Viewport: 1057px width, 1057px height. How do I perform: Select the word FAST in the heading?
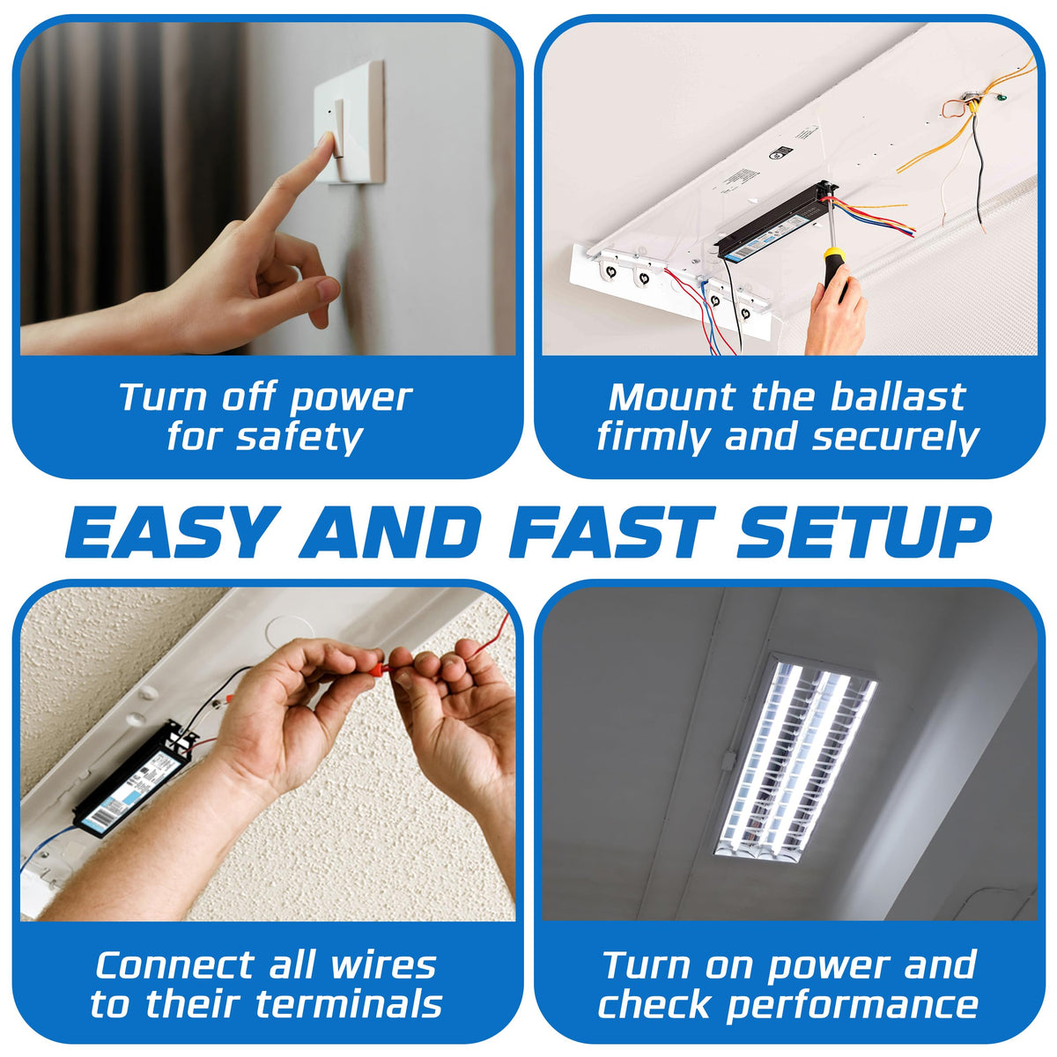[x=611, y=532]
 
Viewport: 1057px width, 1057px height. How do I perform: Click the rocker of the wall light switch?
[x=339, y=129]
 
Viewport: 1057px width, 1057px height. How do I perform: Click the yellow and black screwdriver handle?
[x=834, y=270]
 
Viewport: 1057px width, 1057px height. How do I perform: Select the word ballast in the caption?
[x=898, y=396]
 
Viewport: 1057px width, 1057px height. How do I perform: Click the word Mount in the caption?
[x=672, y=396]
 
